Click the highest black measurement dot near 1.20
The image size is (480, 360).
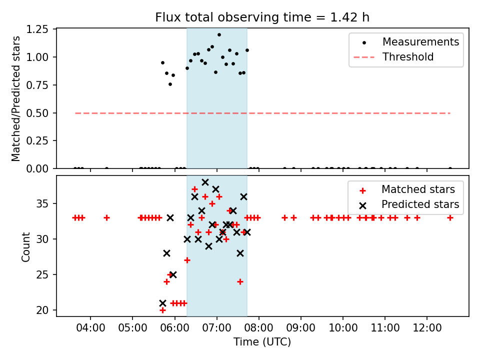pos(219,35)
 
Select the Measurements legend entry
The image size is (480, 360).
pos(406,42)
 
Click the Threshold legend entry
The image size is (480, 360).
pos(393,57)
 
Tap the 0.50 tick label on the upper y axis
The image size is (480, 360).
pos(37,113)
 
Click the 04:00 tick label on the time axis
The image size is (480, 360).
pos(90,328)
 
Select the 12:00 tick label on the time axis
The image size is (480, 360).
pos(427,328)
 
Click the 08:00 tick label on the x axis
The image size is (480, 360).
pos(258,328)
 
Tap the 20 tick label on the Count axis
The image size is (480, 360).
pos(42,310)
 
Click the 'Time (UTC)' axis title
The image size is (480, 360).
pos(262,341)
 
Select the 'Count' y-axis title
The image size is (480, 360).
pos(25,246)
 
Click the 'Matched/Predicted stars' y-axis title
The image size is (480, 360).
pos(15,98)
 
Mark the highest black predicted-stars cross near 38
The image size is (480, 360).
pos(205,182)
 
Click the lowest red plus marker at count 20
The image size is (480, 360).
pos(162,310)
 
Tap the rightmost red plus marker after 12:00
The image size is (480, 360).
pos(450,218)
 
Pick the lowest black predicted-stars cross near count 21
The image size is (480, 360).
pos(162,303)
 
